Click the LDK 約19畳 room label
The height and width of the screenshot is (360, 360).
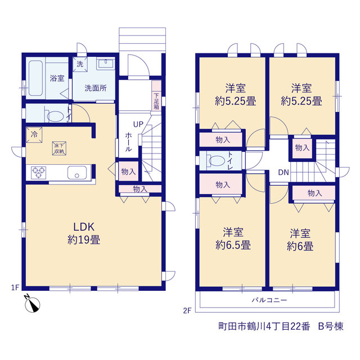coord(84,233)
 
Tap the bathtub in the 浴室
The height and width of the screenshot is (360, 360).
coord(36,78)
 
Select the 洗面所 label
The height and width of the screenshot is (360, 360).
coord(96,88)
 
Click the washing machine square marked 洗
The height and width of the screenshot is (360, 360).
coord(80,64)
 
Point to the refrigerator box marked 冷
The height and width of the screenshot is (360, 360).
coord(34,134)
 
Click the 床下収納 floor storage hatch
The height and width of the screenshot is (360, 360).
coord(59,148)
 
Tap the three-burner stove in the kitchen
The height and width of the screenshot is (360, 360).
coord(39,173)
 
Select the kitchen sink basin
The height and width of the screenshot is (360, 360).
coord(77,173)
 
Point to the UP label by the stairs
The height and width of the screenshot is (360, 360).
coord(138,124)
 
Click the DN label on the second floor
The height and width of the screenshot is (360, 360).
coord(283,172)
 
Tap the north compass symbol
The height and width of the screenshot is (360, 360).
coord(32,304)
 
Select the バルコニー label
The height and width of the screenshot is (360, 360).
coord(269,300)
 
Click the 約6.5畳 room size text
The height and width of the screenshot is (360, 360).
coord(233,245)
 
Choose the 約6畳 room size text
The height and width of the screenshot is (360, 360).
coord(300,246)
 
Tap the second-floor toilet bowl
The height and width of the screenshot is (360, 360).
coord(216,161)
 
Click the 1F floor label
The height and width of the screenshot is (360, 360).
coord(15,287)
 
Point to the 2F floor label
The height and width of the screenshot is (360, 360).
coord(187,310)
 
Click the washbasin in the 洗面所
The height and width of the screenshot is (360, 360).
coord(106,64)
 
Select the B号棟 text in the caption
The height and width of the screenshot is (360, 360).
coord(331,326)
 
